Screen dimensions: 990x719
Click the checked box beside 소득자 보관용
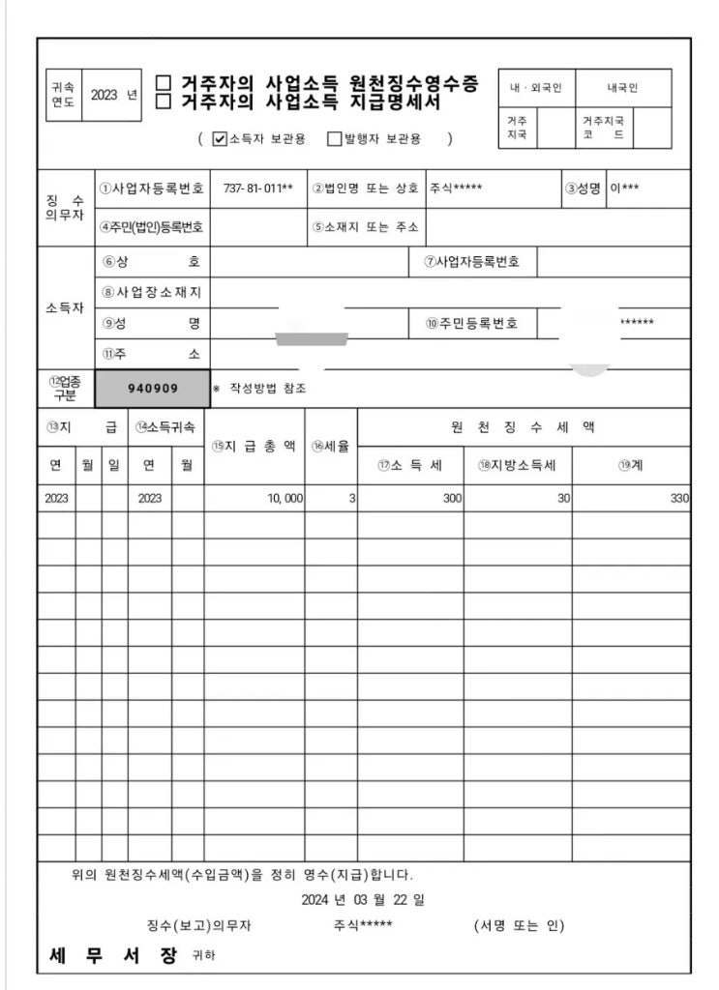pyautogui.click(x=220, y=139)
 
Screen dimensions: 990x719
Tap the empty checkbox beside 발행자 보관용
pyautogui.click(x=335, y=139)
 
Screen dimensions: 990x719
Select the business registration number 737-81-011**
pyautogui.click(x=257, y=188)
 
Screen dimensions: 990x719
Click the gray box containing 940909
pyautogui.click(x=153, y=389)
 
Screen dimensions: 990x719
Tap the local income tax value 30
pyautogui.click(x=562, y=499)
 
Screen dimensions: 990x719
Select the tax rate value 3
pyautogui.click(x=352, y=499)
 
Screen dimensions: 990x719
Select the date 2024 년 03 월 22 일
pyautogui.click(x=363, y=900)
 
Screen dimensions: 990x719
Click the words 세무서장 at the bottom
pyautogui.click(x=113, y=956)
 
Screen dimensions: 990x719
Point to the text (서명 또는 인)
pyautogui.click(x=519, y=925)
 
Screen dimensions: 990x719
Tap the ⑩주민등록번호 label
pyautogui.click(x=471, y=323)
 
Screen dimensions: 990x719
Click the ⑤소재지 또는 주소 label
pyautogui.click(x=365, y=227)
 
